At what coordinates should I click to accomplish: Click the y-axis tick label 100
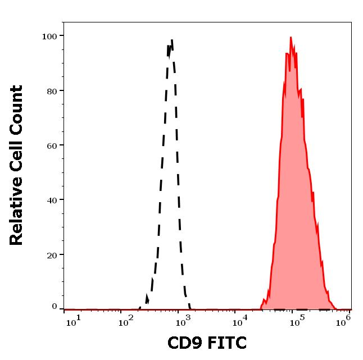[49, 37]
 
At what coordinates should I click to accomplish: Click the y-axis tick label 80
[52, 91]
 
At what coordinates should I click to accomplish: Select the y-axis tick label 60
[52, 145]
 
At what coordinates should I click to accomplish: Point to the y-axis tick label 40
[52, 200]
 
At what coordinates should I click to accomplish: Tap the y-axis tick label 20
[52, 254]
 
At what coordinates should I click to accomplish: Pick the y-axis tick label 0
[55, 307]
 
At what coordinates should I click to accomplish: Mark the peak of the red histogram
[291, 38]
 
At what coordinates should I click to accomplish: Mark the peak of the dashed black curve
[171, 40]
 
